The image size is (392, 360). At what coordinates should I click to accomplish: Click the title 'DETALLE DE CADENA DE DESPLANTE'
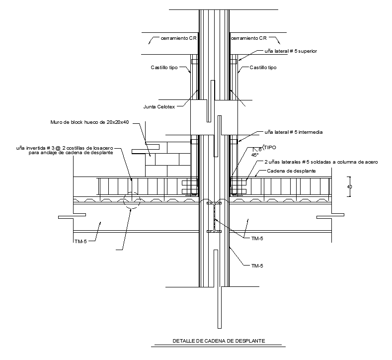click(x=218, y=341)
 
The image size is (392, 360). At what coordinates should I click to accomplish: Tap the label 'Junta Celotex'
click(x=159, y=105)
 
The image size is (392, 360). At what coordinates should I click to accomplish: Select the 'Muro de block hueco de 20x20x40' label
click(x=89, y=122)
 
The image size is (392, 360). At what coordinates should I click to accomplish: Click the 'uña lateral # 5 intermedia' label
click(x=294, y=132)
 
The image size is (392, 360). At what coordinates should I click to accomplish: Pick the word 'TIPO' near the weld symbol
click(x=270, y=148)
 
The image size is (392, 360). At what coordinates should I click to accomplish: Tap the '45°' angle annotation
click(x=255, y=155)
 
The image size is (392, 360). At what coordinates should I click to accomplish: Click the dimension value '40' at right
click(x=350, y=187)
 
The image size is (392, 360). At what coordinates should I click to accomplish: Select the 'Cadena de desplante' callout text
click(x=292, y=171)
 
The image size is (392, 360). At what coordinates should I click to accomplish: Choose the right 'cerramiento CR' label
click(x=249, y=38)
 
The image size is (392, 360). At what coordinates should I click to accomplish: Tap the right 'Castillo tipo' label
click(x=263, y=68)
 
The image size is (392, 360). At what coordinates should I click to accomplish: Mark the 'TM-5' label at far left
click(x=79, y=241)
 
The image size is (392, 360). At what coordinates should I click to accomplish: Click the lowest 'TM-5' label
click(x=257, y=266)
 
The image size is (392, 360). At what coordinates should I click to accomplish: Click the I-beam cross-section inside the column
click(x=214, y=217)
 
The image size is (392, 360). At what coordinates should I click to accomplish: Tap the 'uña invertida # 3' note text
click(x=65, y=148)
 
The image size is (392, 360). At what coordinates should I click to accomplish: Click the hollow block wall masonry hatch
click(x=166, y=159)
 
